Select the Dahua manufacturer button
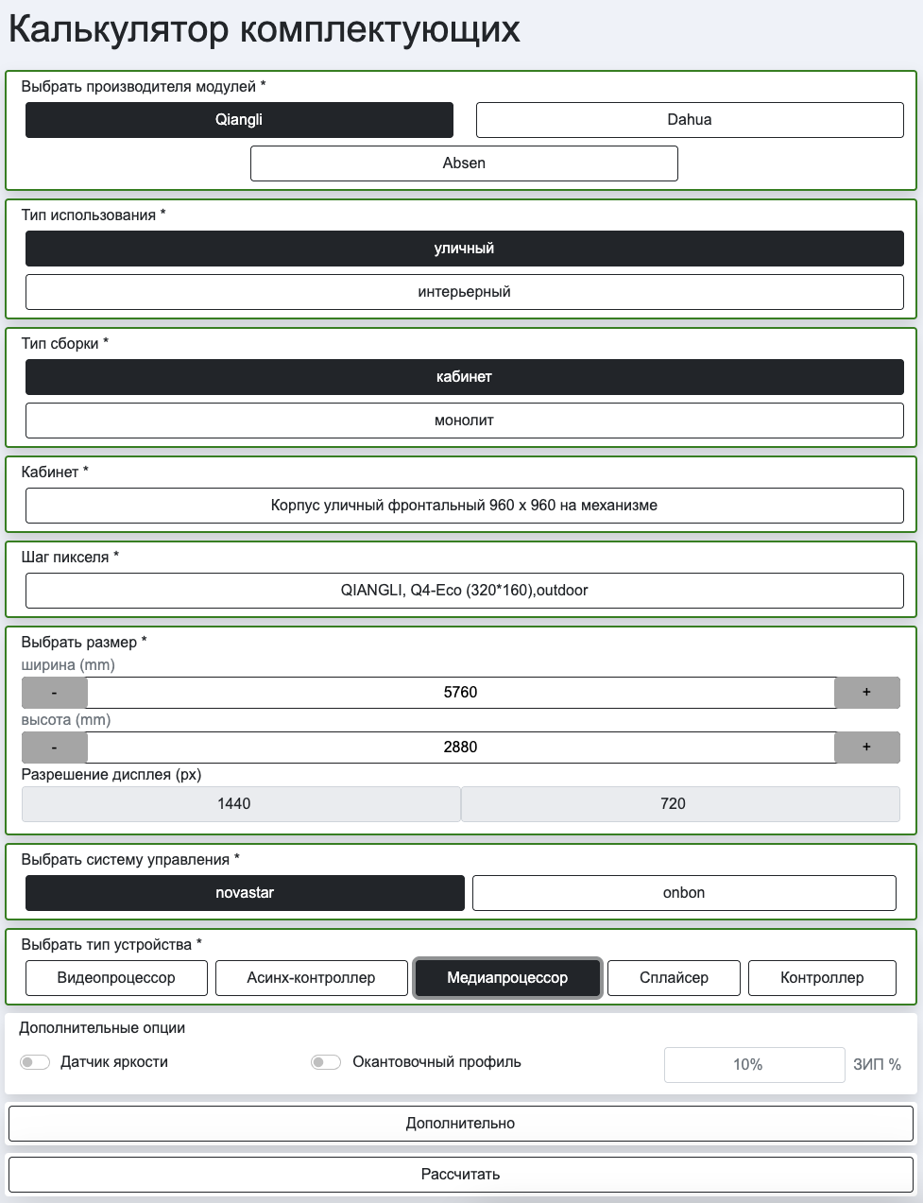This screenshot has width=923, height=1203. [x=689, y=120]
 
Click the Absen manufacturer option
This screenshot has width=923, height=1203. [x=464, y=163]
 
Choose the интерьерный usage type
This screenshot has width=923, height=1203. [x=464, y=292]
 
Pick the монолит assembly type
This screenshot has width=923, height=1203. [x=464, y=421]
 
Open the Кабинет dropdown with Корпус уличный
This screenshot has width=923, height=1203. [x=464, y=506]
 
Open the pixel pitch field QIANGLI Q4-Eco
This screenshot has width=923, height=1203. [x=464, y=591]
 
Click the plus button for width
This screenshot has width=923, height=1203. [x=866, y=693]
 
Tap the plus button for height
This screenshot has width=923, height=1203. [x=866, y=748]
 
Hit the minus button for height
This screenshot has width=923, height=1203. [x=55, y=748]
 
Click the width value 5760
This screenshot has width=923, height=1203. [x=460, y=693]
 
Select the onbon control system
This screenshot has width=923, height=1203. [x=683, y=893]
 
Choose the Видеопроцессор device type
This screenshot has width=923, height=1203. [x=116, y=978]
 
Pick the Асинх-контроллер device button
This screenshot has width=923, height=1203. [x=311, y=978]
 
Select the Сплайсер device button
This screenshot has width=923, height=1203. [x=674, y=978]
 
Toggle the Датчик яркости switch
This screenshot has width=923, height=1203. [x=35, y=1062]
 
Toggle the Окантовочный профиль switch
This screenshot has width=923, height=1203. [x=326, y=1062]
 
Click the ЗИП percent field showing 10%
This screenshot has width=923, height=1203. [x=754, y=1065]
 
